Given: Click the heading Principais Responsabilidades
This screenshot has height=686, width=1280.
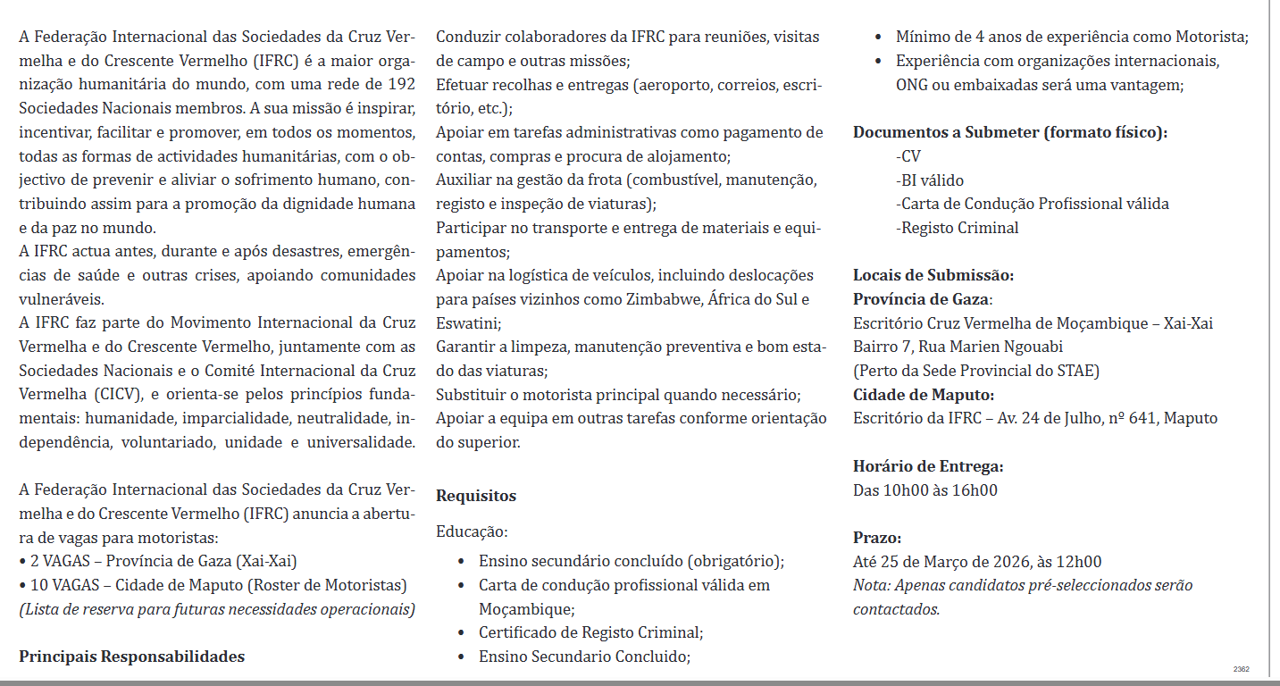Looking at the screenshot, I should point(131,657).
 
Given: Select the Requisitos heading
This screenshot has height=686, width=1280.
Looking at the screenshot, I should point(476,496).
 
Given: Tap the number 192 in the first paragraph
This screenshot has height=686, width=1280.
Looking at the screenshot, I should point(402,84).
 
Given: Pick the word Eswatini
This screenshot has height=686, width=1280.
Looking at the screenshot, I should point(467,322).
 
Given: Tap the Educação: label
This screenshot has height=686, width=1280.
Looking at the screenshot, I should point(472,531).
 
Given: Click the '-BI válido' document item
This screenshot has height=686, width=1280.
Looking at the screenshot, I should point(929,180).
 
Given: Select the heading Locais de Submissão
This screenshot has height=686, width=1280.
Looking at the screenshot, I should point(933,275).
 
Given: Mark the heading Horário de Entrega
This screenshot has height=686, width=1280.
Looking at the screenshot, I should point(928,466).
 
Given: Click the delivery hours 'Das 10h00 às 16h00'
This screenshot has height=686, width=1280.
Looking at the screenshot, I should point(925,489).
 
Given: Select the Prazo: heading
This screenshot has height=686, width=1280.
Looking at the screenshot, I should point(877,538).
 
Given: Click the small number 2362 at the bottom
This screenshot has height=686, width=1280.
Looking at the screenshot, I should point(1241,669).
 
